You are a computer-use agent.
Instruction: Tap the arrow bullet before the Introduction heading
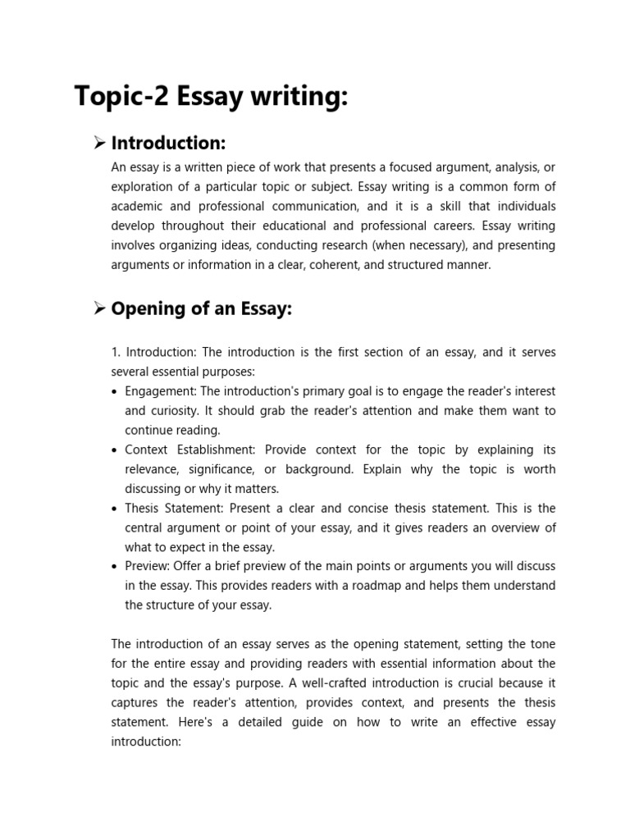pyautogui.click(x=99, y=144)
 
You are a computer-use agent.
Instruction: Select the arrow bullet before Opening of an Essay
pyautogui.click(x=99, y=308)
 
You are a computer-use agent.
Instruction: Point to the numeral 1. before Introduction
pyautogui.click(x=116, y=352)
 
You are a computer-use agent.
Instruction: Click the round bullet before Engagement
pyautogui.click(x=114, y=392)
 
